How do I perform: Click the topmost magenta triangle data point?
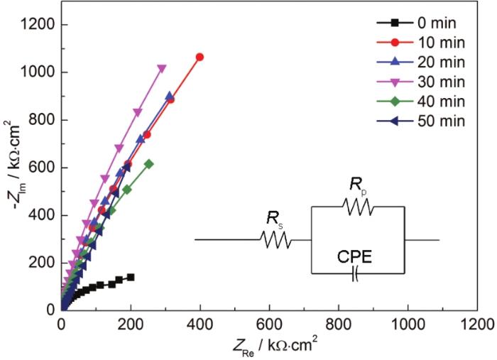(x=162, y=69)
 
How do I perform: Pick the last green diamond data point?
(x=149, y=164)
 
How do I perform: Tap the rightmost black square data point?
(x=131, y=277)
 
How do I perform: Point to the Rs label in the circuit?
(x=273, y=219)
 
